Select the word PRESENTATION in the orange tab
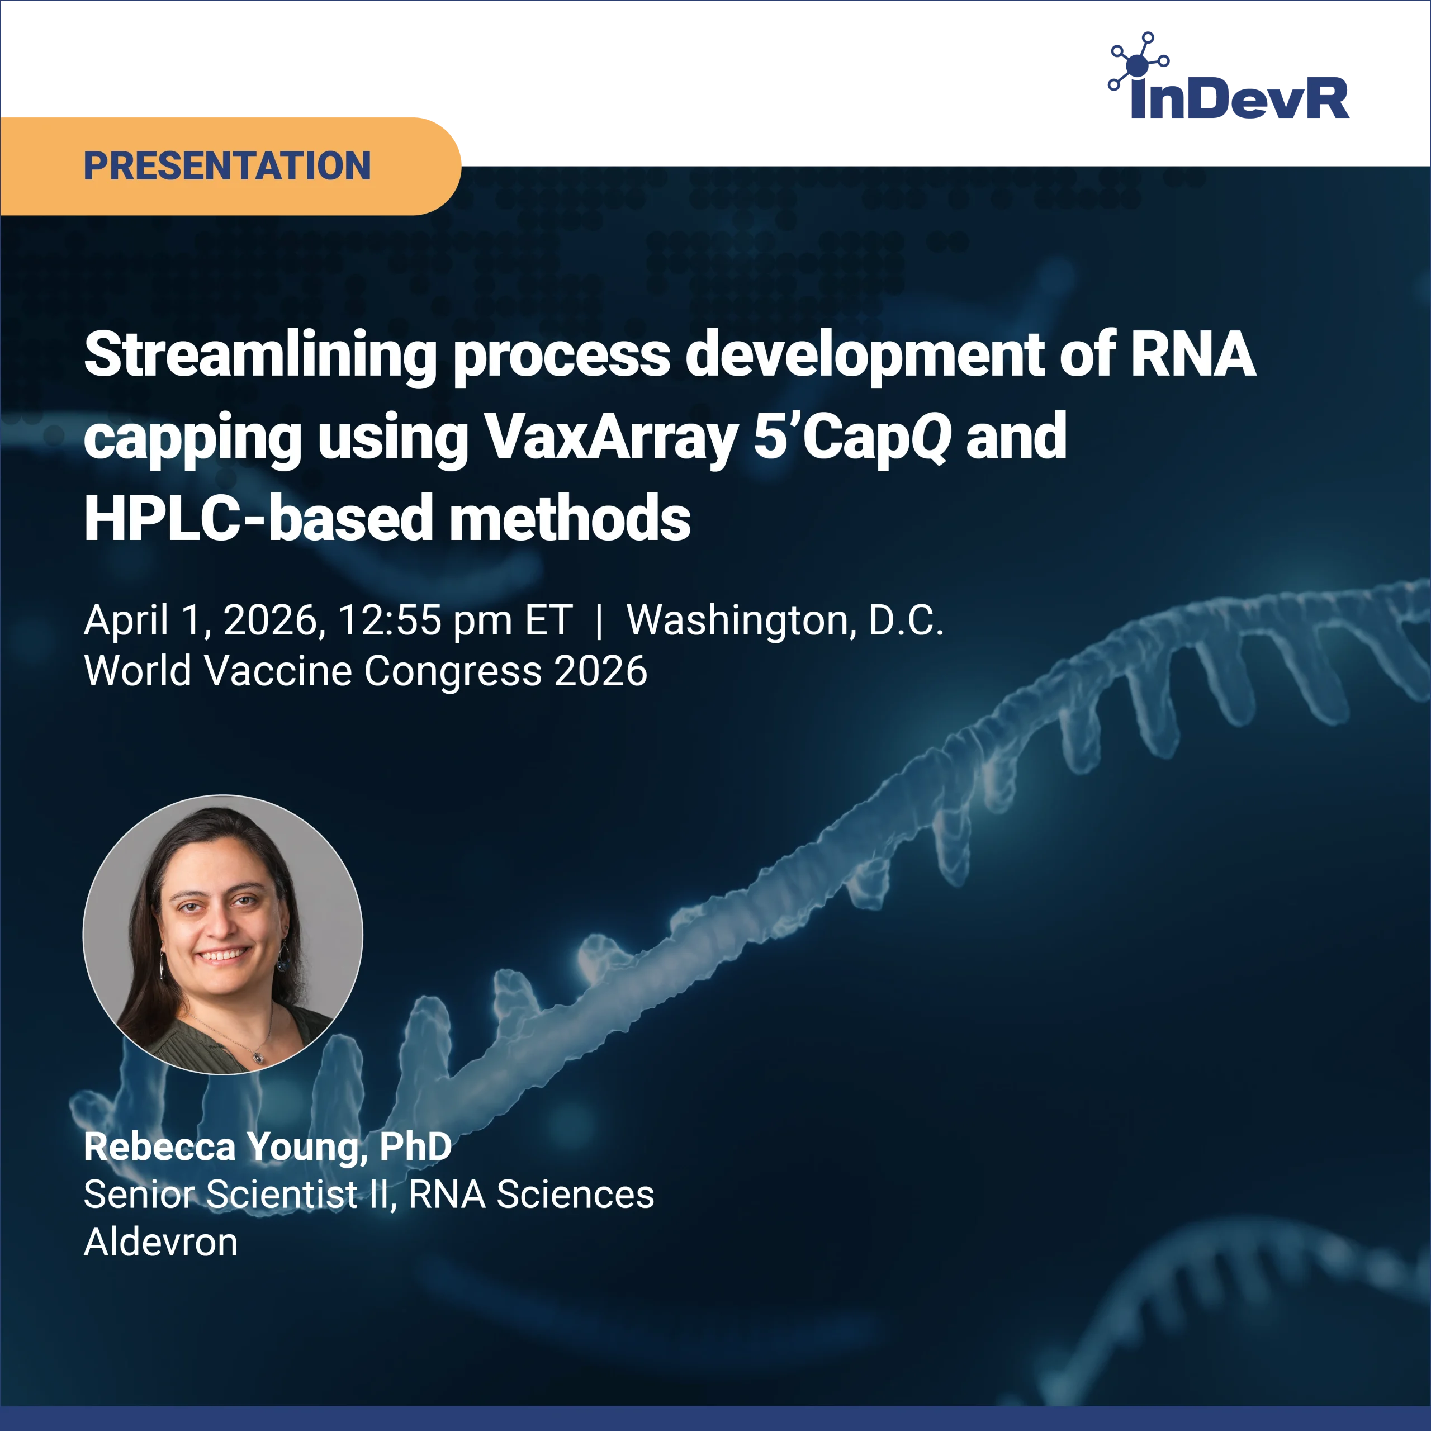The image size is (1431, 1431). click(228, 166)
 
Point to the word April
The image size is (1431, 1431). click(126, 620)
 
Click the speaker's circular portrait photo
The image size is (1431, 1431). click(223, 935)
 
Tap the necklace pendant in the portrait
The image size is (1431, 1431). click(258, 1057)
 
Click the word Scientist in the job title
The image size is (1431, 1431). click(282, 1195)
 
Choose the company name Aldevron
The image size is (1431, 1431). click(161, 1242)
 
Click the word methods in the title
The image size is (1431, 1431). click(570, 519)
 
